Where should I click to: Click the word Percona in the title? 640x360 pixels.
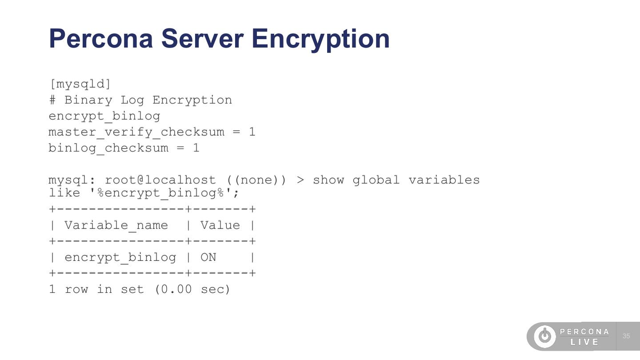[x=101, y=39]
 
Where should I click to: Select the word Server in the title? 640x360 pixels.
[x=202, y=39]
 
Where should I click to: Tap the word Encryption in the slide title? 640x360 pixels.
[x=320, y=39]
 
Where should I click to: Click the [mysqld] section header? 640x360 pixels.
[x=80, y=84]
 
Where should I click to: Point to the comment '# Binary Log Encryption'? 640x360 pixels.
[x=140, y=100]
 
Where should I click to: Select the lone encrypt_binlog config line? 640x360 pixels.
[x=104, y=116]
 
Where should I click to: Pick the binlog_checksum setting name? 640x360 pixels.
[x=108, y=148]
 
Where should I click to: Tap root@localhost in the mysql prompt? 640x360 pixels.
[x=160, y=180]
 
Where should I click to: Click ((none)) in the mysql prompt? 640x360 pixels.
[x=257, y=180]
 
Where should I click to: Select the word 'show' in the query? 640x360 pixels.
[x=328, y=180]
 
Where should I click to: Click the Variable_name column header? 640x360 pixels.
[x=116, y=225]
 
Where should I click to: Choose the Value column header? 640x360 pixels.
[x=220, y=225]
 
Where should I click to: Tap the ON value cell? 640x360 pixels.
[x=208, y=257]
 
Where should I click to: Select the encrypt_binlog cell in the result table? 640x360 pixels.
[x=120, y=257]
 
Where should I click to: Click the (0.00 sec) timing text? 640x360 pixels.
[x=192, y=289]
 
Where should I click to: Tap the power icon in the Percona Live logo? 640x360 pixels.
[x=545, y=336]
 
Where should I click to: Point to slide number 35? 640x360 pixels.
[x=626, y=336]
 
